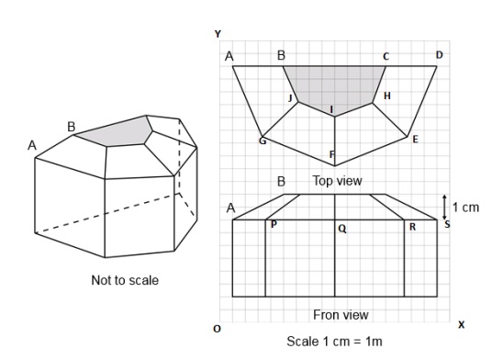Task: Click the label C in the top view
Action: [x=386, y=57]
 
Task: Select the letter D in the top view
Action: [x=440, y=55]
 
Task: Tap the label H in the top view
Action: [x=387, y=96]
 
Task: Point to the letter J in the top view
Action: [x=290, y=98]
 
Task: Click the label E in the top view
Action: [x=415, y=140]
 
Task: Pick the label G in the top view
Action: [x=263, y=141]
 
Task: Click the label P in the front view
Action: [x=274, y=224]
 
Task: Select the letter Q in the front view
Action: [x=342, y=229]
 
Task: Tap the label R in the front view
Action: [x=413, y=227]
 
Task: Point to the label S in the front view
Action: [x=447, y=224]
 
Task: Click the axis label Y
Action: [x=218, y=34]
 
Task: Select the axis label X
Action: [x=461, y=324]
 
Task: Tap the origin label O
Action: [x=218, y=329]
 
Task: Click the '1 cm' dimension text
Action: [x=465, y=208]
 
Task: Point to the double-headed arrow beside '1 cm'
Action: [x=444, y=208]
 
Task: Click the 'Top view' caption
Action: [x=337, y=181]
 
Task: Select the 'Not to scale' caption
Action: [x=125, y=280]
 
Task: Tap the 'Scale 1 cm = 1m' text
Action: [x=334, y=341]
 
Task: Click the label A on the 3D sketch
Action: [x=32, y=145]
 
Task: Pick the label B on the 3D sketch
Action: [x=72, y=127]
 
